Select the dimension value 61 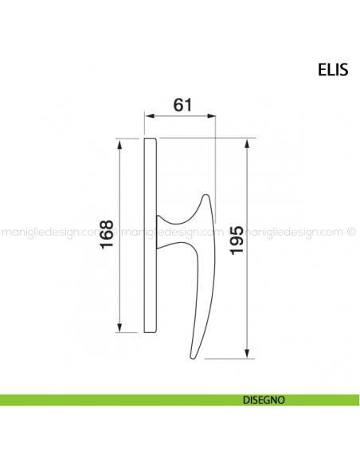[181, 104]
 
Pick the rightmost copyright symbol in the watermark [351, 233]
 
